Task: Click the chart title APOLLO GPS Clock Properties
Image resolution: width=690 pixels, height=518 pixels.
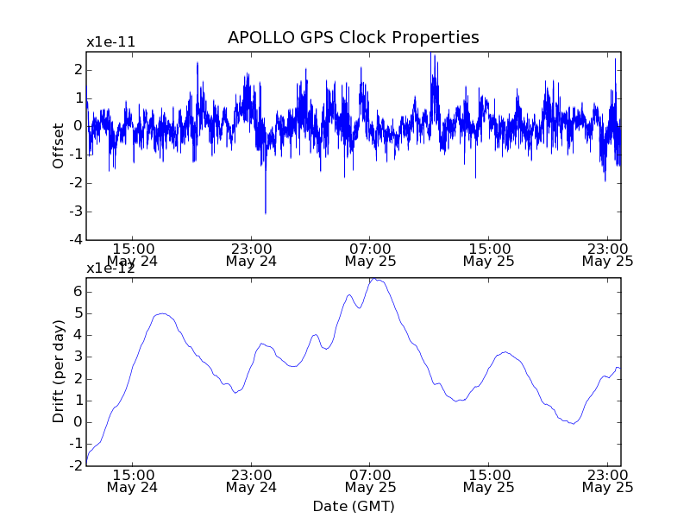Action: click(x=353, y=38)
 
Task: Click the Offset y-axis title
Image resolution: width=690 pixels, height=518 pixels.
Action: click(x=59, y=146)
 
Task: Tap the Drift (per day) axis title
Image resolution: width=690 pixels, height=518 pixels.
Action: click(x=59, y=371)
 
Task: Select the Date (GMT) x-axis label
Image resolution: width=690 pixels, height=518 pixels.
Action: click(x=353, y=506)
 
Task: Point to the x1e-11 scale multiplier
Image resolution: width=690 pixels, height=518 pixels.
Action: click(x=110, y=42)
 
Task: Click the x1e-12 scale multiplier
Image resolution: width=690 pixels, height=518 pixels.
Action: click(x=110, y=268)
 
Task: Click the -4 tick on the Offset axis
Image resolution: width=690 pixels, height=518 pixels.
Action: click(x=77, y=239)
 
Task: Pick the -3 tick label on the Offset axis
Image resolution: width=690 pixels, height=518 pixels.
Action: click(x=77, y=211)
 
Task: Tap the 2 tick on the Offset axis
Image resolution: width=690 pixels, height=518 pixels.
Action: click(x=78, y=69)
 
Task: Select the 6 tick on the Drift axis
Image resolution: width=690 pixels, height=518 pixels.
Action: click(x=78, y=292)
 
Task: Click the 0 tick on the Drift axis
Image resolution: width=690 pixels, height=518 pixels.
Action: click(x=78, y=422)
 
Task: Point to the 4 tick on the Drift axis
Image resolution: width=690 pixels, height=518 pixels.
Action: click(x=78, y=335)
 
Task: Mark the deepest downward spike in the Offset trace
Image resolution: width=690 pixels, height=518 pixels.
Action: click(x=266, y=212)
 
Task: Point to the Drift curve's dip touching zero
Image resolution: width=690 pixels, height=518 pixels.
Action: click(x=572, y=423)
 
